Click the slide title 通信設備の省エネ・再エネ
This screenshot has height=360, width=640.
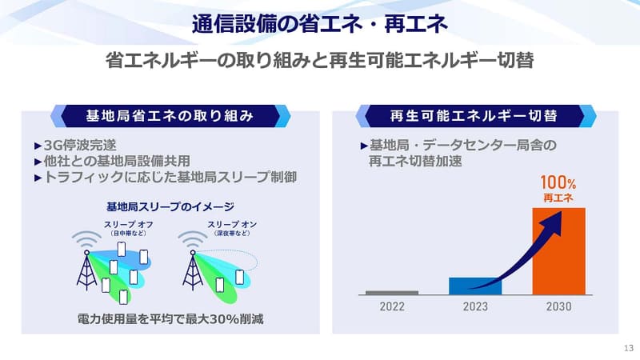point(320,24)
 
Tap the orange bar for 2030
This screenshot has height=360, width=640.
point(558,251)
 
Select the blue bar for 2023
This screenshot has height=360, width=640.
point(475,286)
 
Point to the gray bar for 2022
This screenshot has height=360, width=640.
point(392,292)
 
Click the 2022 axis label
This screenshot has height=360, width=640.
point(392,306)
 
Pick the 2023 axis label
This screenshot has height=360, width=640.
point(475,306)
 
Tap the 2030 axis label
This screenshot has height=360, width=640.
point(558,306)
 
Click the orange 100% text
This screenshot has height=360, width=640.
point(558,182)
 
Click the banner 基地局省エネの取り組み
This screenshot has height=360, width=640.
point(170,116)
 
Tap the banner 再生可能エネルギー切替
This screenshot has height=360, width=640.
point(474,116)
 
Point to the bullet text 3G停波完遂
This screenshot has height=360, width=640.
point(80,145)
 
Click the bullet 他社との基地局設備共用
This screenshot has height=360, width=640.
point(117,161)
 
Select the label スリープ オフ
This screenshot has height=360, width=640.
point(129,225)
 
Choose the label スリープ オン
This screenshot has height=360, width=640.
point(232,225)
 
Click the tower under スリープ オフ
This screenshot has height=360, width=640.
point(86,270)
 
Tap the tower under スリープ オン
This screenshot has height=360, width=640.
point(193,270)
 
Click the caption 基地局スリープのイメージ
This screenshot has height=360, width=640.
point(170,207)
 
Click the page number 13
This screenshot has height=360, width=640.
point(628,348)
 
